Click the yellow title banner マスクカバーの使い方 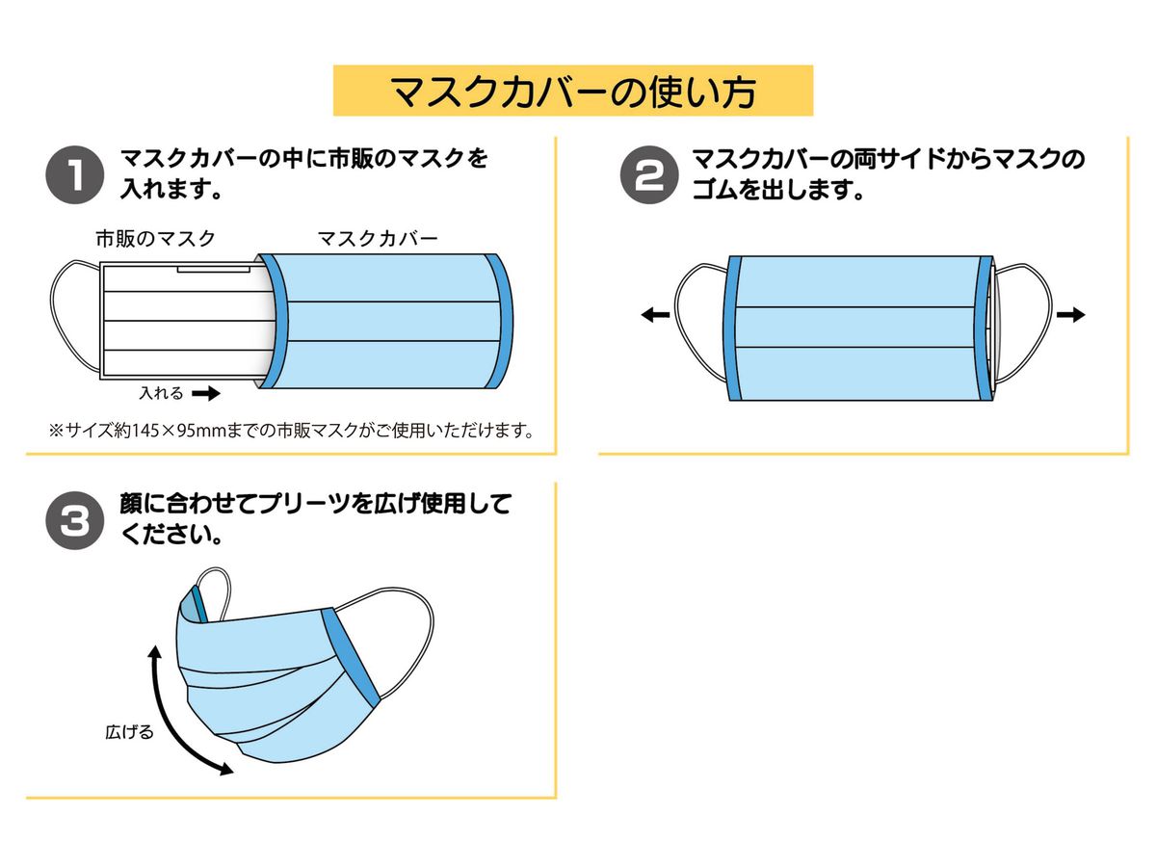(572, 91)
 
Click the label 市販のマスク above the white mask (154, 238)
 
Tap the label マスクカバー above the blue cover (378, 238)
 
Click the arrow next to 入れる (206, 393)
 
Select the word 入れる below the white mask (161, 393)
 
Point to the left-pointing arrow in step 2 (655, 315)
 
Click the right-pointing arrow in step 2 (1070, 315)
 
